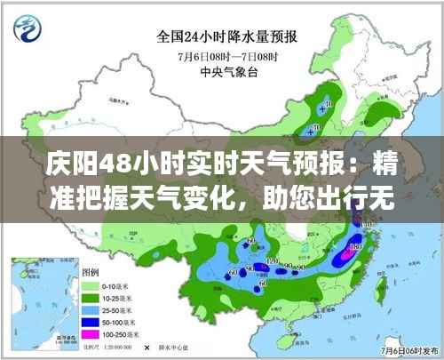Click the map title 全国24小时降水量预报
pos(227,37)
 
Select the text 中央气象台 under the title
pos(228,72)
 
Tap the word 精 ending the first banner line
pos(384,165)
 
